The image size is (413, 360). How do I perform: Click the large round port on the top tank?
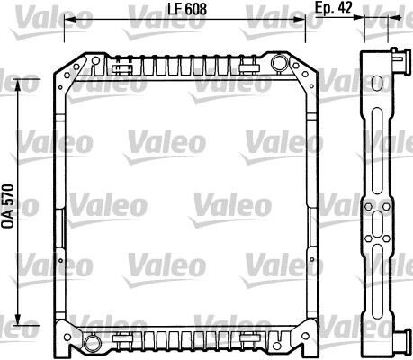[279, 63]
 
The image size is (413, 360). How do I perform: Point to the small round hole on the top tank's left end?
[93, 62]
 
